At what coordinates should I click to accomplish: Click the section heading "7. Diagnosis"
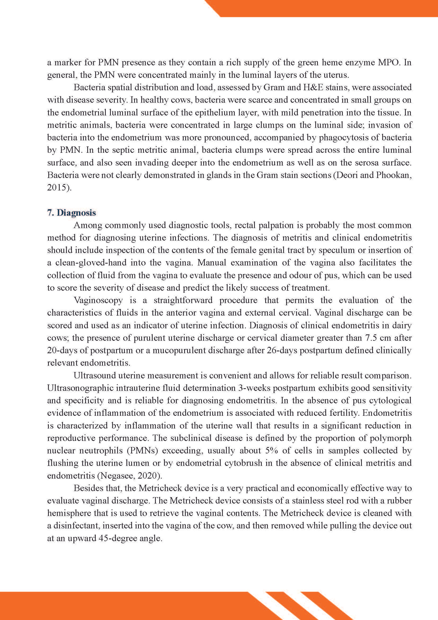point(71,213)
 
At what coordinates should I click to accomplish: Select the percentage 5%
point(273,450)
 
